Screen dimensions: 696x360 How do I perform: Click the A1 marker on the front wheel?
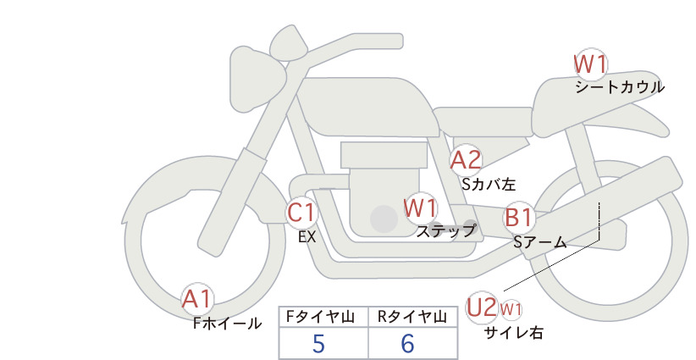tap(197, 299)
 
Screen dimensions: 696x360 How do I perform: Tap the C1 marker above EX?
tap(301, 212)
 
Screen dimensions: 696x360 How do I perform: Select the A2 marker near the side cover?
tap(466, 160)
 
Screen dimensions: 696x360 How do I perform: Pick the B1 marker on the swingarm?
tap(519, 218)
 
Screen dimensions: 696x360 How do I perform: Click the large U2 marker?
tap(482, 307)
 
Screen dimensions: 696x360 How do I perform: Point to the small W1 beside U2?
tap(511, 309)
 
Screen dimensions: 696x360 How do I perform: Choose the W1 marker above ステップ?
tap(420, 208)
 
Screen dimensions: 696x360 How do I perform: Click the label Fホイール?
tap(227, 324)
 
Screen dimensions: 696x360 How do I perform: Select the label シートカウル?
tap(620, 87)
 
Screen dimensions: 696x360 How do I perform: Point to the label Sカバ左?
tap(489, 184)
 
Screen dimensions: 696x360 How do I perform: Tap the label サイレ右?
tap(514, 333)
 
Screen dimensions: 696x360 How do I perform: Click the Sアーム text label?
tap(540, 242)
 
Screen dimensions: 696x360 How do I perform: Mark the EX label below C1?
tap(307, 237)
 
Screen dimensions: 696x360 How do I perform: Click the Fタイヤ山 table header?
tap(320, 317)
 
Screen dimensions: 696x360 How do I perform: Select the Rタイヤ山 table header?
tap(412, 317)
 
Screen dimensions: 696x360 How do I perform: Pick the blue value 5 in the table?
tap(318, 344)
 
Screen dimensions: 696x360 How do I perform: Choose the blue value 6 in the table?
tap(407, 344)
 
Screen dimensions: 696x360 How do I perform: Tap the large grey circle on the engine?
tap(384, 219)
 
